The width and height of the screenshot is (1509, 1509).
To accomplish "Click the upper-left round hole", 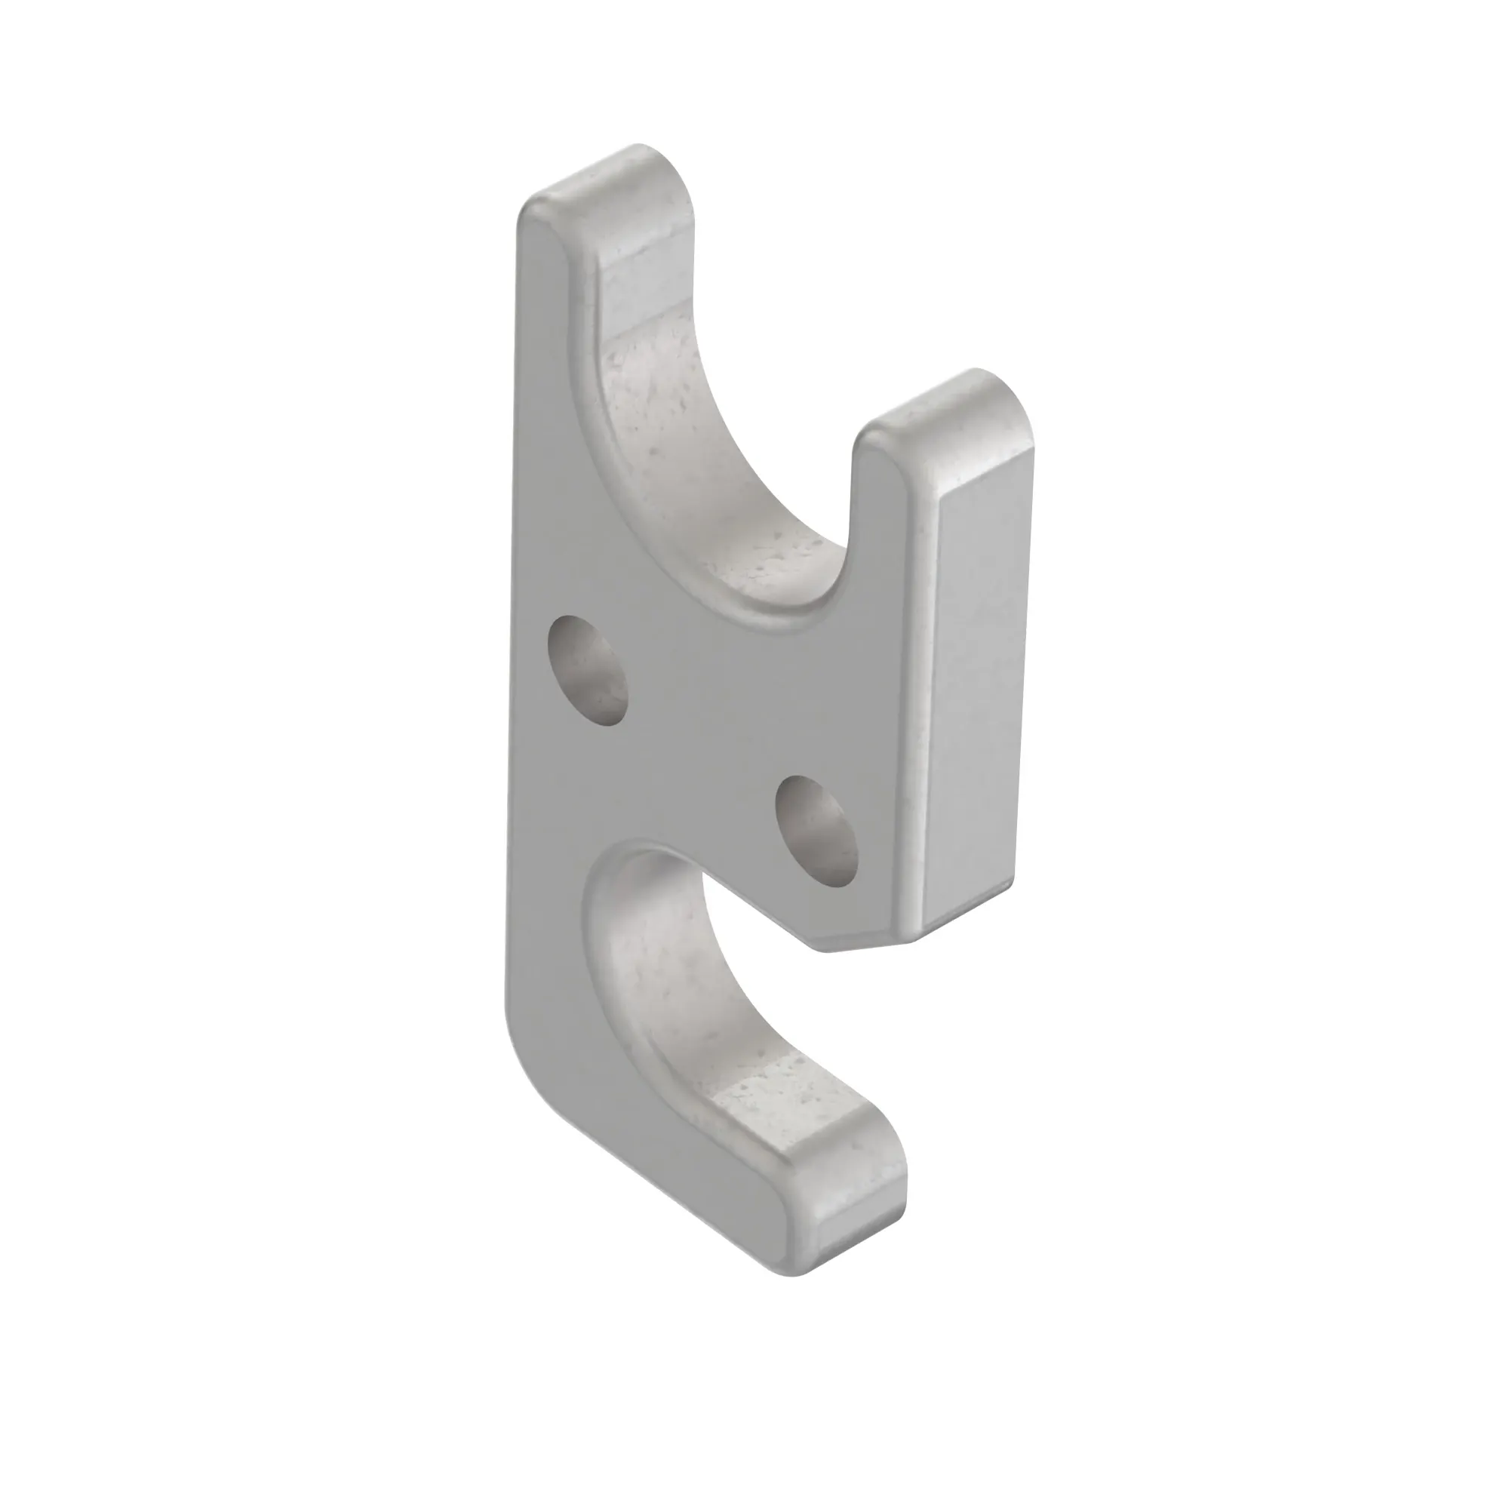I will (589, 670).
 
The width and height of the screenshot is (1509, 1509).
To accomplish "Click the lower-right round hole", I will (817, 831).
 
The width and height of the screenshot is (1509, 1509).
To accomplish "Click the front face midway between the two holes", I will (703, 750).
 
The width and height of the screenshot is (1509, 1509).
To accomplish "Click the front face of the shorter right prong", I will (883, 547).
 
